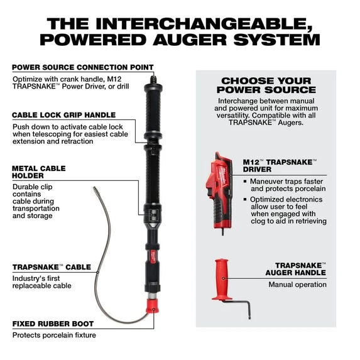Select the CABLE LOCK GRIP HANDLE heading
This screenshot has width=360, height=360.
click(63, 115)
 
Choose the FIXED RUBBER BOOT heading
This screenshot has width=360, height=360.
click(53, 324)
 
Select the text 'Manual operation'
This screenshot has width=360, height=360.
click(297, 285)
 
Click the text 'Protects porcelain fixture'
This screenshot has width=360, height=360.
click(54, 335)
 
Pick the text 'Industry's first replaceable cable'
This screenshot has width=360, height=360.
click(41, 281)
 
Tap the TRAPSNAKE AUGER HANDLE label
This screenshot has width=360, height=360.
click(300, 269)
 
